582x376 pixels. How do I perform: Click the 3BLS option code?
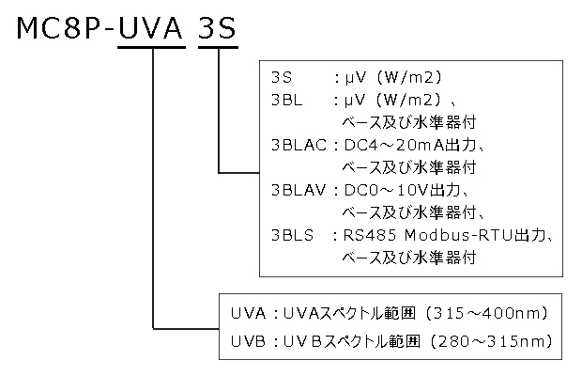291,234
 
